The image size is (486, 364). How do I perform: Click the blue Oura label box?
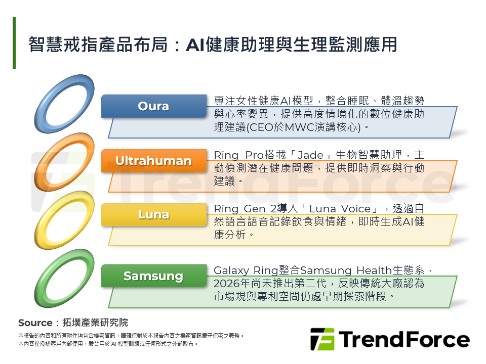tap(153, 106)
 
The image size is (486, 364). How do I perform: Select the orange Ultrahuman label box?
tap(153, 161)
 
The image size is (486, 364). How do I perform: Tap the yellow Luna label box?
tap(153, 214)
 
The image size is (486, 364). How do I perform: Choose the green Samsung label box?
tap(153, 276)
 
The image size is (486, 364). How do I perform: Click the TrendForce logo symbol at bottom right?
tap(322, 339)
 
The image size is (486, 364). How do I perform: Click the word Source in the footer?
tap(35, 323)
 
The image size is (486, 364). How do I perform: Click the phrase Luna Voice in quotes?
tap(339, 209)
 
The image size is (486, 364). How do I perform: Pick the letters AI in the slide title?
tap(194, 44)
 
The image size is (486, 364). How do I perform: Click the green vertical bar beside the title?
tap(14, 43)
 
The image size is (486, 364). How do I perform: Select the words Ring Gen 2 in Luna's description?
tap(244, 209)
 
